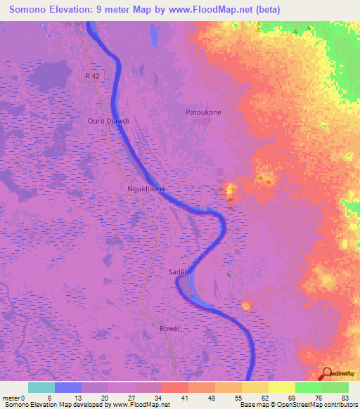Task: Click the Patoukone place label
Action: (x=203, y=112)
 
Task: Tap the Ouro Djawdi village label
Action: (x=108, y=121)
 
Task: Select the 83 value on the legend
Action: (x=344, y=397)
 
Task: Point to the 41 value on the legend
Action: (x=184, y=397)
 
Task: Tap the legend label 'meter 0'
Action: (x=14, y=397)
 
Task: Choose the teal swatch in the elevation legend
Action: (x=41, y=387)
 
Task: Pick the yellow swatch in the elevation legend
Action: (x=282, y=387)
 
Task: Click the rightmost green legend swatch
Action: (x=335, y=387)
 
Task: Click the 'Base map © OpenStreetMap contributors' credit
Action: (x=296, y=405)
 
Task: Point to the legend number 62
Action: (x=264, y=397)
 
